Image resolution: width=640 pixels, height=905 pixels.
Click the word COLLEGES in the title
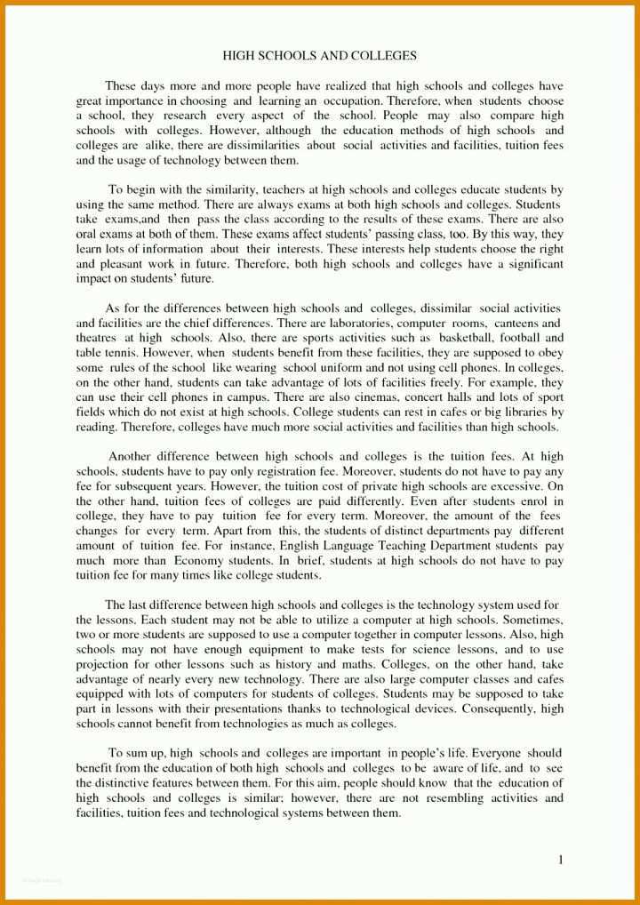coord(384,56)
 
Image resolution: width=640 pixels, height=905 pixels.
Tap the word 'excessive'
coord(519,487)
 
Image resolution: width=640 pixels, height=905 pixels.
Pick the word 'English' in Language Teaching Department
coord(303,547)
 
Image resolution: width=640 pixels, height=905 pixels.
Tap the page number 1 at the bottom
coord(561,860)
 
